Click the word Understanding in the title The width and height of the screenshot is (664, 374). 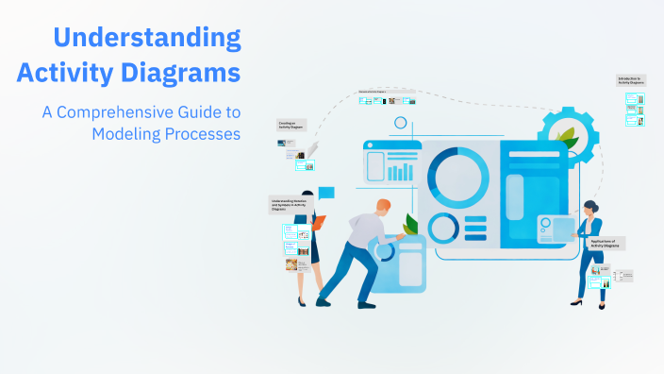point(147,39)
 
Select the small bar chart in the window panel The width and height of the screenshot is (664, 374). point(401,171)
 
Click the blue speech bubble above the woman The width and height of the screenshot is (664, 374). point(326,194)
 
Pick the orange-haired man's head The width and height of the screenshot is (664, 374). point(381,208)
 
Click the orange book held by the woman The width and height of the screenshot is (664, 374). point(319,223)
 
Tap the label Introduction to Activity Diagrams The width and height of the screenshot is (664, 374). point(631,80)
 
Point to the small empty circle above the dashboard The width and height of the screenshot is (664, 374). point(401,123)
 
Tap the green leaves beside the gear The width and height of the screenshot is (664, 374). point(567,138)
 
